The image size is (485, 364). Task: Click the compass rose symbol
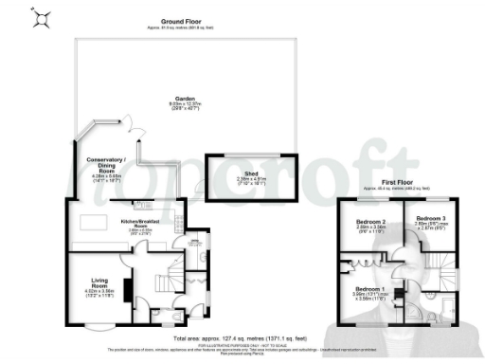(40, 18)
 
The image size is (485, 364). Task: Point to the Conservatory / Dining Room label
(105, 162)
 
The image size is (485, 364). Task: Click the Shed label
(252, 174)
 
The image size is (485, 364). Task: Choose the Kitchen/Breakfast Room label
(140, 223)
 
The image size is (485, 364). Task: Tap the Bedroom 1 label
(369, 288)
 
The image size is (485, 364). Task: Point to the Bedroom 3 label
(430, 219)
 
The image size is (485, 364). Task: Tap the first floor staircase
(432, 261)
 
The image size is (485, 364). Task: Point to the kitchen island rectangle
(95, 224)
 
